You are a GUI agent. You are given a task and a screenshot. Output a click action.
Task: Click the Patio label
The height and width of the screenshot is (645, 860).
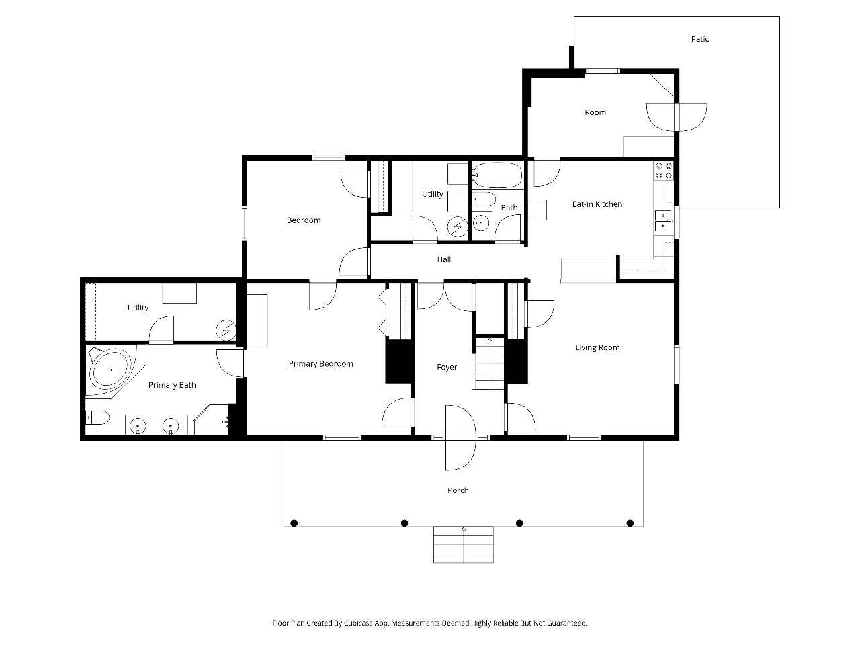(700, 39)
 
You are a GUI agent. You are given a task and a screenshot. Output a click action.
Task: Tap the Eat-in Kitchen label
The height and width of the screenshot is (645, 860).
(597, 204)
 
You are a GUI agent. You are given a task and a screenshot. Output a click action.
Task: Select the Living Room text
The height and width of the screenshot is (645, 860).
(597, 347)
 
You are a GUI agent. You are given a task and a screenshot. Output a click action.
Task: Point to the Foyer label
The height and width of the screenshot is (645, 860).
(447, 367)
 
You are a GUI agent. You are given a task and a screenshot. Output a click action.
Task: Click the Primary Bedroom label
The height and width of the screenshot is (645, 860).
(321, 363)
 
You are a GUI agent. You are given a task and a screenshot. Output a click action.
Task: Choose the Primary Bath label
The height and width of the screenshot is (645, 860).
(172, 385)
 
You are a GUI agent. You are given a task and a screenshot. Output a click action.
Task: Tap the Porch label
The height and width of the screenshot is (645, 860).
(458, 490)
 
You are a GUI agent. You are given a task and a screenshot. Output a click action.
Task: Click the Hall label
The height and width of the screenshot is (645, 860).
(444, 259)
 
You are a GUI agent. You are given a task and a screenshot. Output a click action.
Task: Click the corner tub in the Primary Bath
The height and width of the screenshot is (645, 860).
(112, 370)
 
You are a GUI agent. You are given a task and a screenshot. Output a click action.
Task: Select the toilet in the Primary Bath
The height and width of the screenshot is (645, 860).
(97, 417)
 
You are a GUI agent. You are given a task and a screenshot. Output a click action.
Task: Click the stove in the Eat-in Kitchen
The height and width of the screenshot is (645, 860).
(664, 171)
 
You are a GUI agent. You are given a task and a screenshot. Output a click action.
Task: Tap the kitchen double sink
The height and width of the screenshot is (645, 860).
(663, 220)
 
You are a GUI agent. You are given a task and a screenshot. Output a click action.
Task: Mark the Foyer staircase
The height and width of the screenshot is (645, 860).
(489, 363)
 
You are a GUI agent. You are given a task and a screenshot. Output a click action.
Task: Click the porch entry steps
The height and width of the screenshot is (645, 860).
(463, 544)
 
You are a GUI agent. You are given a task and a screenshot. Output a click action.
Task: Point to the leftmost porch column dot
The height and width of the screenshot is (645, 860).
(294, 523)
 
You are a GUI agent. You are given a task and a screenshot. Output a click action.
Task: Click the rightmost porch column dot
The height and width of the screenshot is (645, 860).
(630, 523)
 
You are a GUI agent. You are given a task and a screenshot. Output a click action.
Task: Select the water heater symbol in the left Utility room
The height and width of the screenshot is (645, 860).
(226, 330)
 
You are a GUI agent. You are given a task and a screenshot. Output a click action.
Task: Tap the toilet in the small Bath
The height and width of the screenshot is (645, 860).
(484, 200)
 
